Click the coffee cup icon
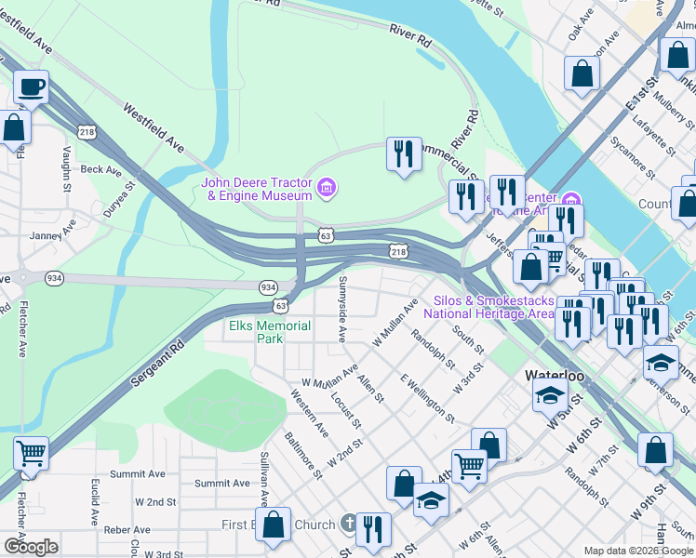[x=31, y=87]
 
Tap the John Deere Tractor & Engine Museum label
[x=258, y=189]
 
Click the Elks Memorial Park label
[x=269, y=332]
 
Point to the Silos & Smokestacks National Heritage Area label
[x=489, y=307]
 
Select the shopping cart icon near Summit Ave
[x=31, y=454]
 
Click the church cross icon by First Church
[x=348, y=525]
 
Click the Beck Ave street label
[x=100, y=170]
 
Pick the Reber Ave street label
[x=127, y=529]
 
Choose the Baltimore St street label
[x=303, y=455]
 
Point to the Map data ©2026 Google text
[x=637, y=551]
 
